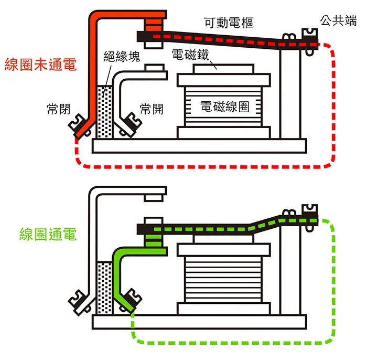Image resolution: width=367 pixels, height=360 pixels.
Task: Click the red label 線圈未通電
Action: (x=40, y=65)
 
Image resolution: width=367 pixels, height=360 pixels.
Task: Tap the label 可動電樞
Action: (x=229, y=23)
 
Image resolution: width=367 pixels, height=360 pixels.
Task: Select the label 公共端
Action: (x=339, y=22)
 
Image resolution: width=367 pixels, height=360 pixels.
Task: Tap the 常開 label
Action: (x=152, y=109)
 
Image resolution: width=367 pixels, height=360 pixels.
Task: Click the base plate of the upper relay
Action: (x=199, y=146)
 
